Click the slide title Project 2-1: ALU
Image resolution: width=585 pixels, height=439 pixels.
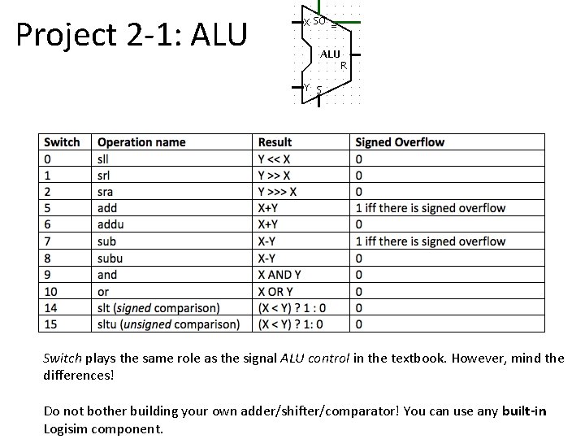coord(131,35)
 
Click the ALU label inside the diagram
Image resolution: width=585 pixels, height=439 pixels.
coord(329,54)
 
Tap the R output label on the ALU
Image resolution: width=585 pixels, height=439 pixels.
coord(344,65)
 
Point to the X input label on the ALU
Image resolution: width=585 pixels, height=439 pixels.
coord(305,21)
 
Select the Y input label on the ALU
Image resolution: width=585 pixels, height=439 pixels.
coord(305,86)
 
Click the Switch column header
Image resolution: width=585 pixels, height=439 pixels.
coord(62,142)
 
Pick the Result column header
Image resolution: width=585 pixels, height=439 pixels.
coord(275,142)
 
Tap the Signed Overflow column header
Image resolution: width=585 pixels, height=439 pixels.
coord(400,142)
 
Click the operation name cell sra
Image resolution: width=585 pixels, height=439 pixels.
coord(105,192)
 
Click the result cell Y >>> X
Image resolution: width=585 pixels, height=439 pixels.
coord(277,192)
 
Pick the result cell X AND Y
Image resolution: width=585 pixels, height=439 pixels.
coord(279,275)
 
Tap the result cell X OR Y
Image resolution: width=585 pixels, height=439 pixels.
coord(275,291)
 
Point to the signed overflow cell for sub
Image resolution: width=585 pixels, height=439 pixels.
coord(430,241)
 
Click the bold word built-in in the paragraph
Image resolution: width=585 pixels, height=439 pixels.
coord(524,411)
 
